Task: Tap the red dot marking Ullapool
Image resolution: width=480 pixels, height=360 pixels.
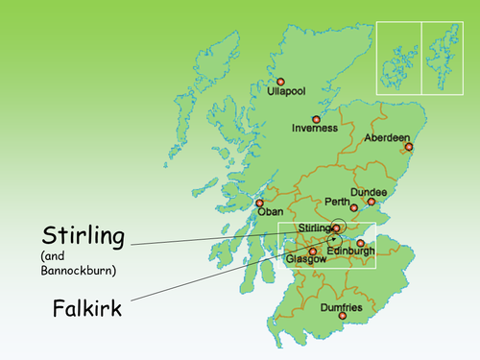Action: (x=281, y=82)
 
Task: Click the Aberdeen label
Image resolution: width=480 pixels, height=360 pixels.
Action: (x=387, y=138)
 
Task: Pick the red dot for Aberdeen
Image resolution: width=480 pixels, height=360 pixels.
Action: (x=409, y=147)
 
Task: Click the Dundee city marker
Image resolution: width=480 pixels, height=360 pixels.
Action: (x=372, y=203)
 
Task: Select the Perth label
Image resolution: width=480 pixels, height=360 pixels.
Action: (x=338, y=203)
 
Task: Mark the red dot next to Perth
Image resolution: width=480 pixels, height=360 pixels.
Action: (x=354, y=207)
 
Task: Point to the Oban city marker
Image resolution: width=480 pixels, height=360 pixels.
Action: (x=259, y=203)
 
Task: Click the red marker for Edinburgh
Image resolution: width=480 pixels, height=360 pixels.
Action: (x=360, y=243)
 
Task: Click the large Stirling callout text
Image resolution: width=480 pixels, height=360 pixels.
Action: (x=84, y=233)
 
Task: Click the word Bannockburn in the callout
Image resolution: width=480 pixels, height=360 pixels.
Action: (x=79, y=271)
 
